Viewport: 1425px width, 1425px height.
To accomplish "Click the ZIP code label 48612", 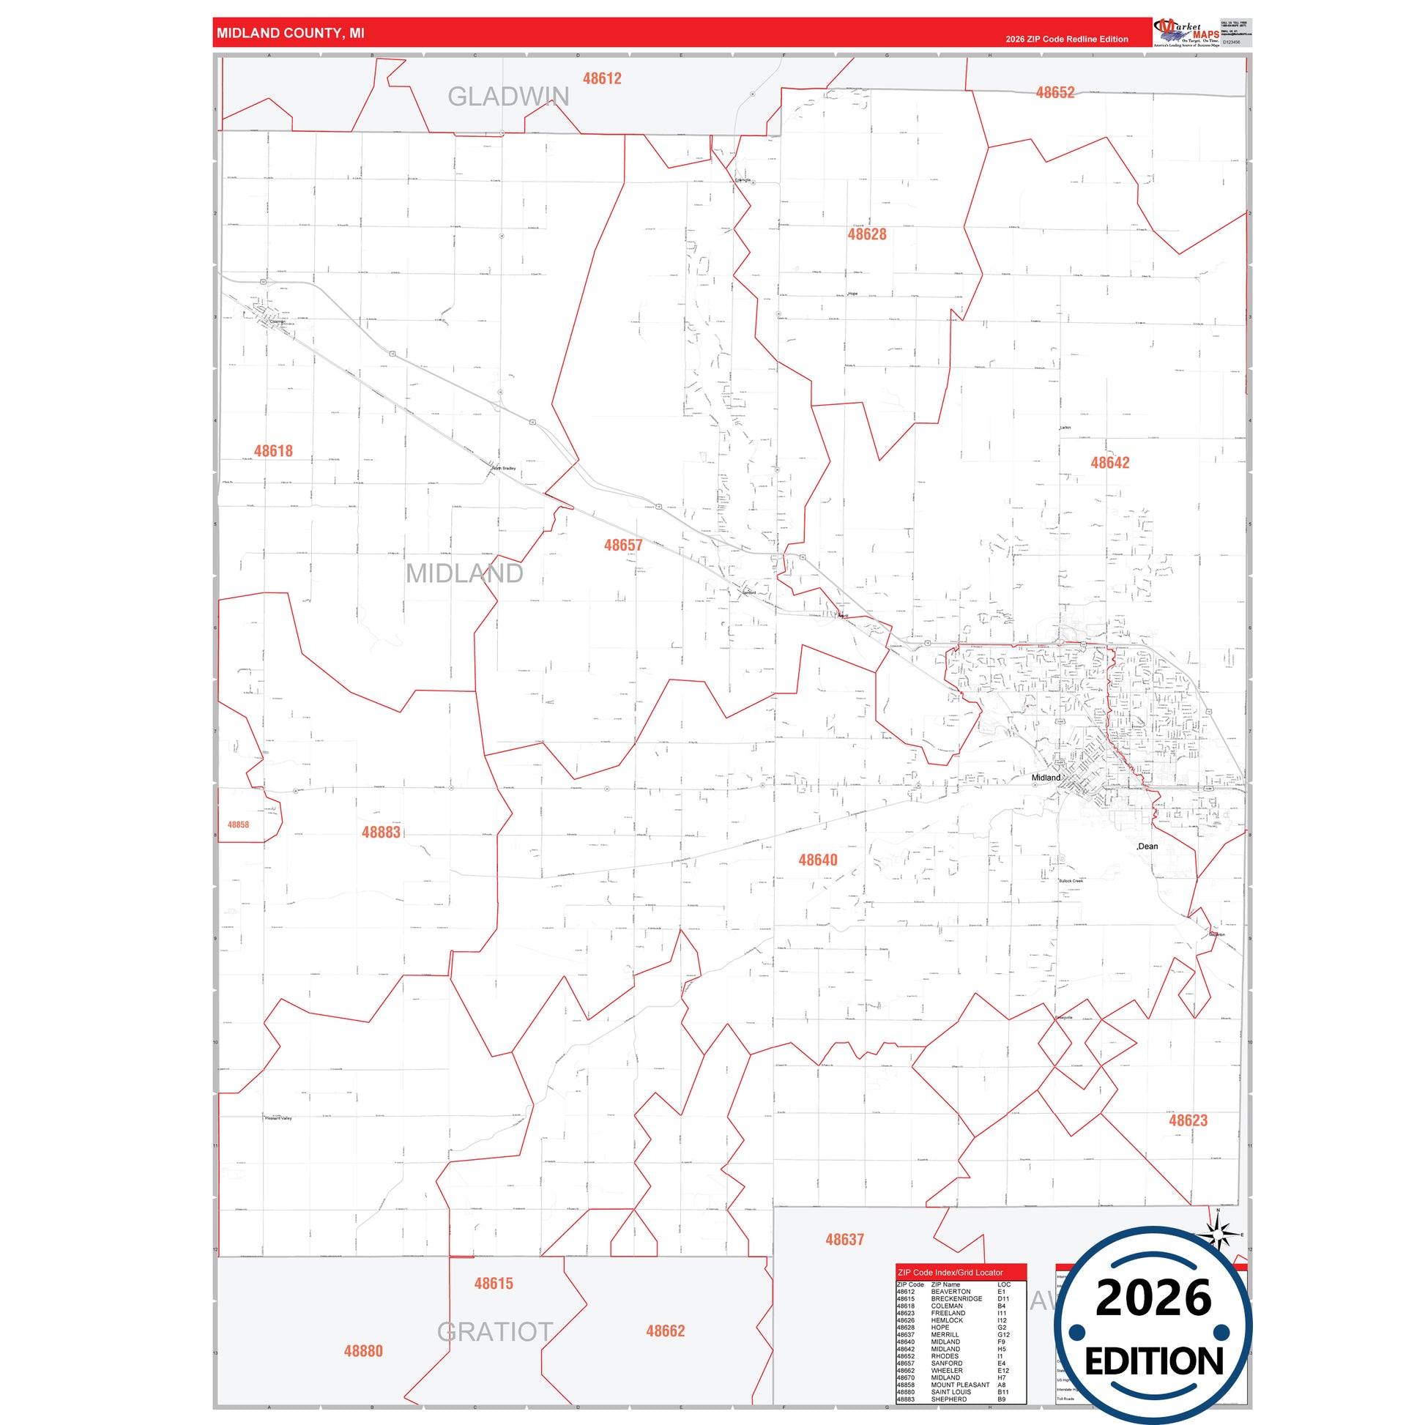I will click(x=602, y=78).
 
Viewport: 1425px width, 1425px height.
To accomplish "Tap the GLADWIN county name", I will click(x=508, y=97).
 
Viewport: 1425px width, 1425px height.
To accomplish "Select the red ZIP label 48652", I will click(x=1054, y=92).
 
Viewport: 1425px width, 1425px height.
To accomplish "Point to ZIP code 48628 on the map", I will click(x=867, y=234).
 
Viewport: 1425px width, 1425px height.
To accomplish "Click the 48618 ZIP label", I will click(x=273, y=450).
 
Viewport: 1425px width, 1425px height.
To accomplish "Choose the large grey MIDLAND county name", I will click(x=464, y=573).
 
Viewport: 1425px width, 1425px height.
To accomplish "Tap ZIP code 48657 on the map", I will click(x=623, y=545).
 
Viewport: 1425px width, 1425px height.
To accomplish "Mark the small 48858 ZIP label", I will click(x=238, y=825).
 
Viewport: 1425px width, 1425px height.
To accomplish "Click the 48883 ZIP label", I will click(x=381, y=832).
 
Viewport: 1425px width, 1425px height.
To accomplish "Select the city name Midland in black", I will click(x=1045, y=778).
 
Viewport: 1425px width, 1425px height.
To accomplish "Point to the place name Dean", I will click(x=1147, y=846).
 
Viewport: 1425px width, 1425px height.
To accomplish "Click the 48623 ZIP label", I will click(x=1188, y=1120).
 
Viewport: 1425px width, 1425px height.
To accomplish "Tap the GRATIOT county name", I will click(x=495, y=1332).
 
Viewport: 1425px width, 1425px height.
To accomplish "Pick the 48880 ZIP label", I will click(x=363, y=1351).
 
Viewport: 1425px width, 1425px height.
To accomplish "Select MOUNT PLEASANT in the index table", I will click(x=959, y=1385).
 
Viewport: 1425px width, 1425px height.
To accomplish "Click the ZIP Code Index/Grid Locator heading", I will click(x=950, y=1273).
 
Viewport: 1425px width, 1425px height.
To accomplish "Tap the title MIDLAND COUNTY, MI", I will click(x=290, y=33).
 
